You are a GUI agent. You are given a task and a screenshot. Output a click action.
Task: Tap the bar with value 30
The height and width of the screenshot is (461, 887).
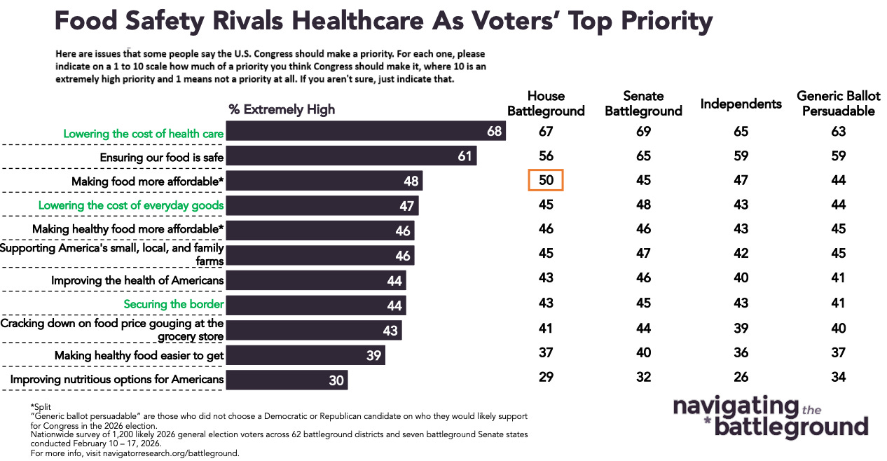pyautogui.click(x=287, y=380)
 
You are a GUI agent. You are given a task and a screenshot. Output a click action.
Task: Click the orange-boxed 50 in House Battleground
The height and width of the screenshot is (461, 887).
pyautogui.click(x=546, y=180)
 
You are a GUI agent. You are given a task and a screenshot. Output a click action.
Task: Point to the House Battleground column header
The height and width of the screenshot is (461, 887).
pyautogui.click(x=546, y=103)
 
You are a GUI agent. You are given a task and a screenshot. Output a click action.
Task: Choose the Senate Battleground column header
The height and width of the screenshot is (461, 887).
pyautogui.click(x=643, y=103)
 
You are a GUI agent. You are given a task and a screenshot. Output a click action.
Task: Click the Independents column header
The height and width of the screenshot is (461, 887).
pyautogui.click(x=741, y=104)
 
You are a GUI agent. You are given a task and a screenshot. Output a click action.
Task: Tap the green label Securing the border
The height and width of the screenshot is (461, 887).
pyautogui.click(x=174, y=304)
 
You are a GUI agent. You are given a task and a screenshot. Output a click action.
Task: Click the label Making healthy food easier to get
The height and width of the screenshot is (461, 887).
pyautogui.click(x=139, y=356)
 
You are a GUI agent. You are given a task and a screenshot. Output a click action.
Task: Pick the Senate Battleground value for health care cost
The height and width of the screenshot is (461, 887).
pyautogui.click(x=643, y=131)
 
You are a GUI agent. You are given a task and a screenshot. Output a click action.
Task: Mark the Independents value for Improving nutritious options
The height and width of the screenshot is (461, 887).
pyautogui.click(x=741, y=377)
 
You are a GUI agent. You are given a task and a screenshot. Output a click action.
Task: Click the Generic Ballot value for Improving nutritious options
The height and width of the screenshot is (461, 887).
pyautogui.click(x=839, y=377)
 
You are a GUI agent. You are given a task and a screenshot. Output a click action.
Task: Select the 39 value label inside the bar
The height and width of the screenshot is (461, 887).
pyautogui.click(x=373, y=356)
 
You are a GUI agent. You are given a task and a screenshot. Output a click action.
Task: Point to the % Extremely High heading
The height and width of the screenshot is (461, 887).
pyautogui.click(x=282, y=109)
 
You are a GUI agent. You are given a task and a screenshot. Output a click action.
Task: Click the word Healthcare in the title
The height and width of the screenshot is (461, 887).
pyautogui.click(x=359, y=21)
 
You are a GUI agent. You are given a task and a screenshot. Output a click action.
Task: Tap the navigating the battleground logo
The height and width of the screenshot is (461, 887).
pyautogui.click(x=770, y=416)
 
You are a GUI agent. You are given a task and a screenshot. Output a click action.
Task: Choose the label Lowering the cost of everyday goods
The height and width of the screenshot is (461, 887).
pyautogui.click(x=131, y=205)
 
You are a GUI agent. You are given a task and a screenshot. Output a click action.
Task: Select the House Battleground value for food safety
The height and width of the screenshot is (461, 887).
pyautogui.click(x=546, y=156)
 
